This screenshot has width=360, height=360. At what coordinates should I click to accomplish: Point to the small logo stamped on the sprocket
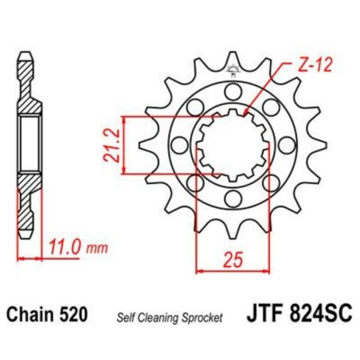click(232, 70)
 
